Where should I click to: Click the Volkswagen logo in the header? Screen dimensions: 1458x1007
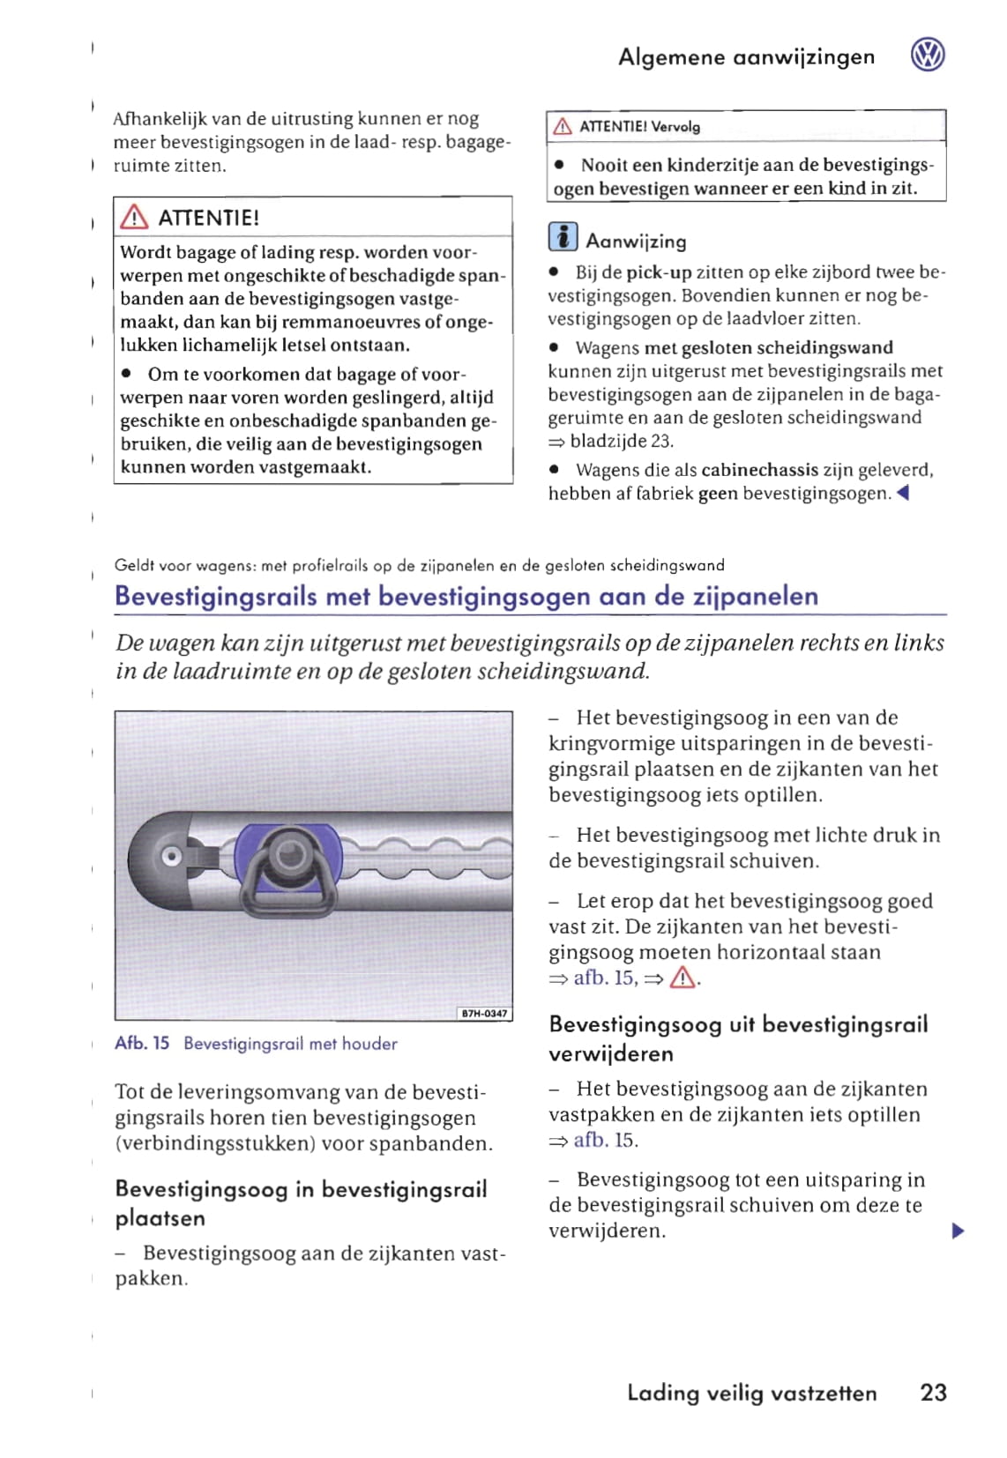pyautogui.click(x=928, y=56)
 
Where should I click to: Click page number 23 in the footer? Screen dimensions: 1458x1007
pyautogui.click(x=933, y=1392)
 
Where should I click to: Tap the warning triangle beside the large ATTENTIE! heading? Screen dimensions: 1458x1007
pyautogui.click(x=134, y=217)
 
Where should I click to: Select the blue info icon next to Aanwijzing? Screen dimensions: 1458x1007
pyautogui.click(x=563, y=238)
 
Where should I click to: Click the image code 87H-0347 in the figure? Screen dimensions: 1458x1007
pyautogui.click(x=485, y=1014)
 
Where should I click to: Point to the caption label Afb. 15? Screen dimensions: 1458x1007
pyautogui.click(x=142, y=1044)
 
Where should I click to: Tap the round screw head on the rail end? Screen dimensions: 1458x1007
pyautogui.click(x=171, y=856)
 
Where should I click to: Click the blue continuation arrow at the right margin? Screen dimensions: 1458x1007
pyautogui.click(x=959, y=1231)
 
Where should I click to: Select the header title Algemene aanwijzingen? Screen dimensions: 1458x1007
pyautogui.click(x=746, y=57)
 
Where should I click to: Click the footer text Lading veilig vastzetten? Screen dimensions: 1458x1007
pyautogui.click(x=751, y=1393)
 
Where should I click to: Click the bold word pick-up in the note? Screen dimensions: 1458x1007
pyautogui.click(x=659, y=272)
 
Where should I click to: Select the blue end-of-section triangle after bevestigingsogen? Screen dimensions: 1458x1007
pyautogui.click(x=902, y=494)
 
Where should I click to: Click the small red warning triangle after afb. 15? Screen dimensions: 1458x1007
pyautogui.click(x=683, y=978)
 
